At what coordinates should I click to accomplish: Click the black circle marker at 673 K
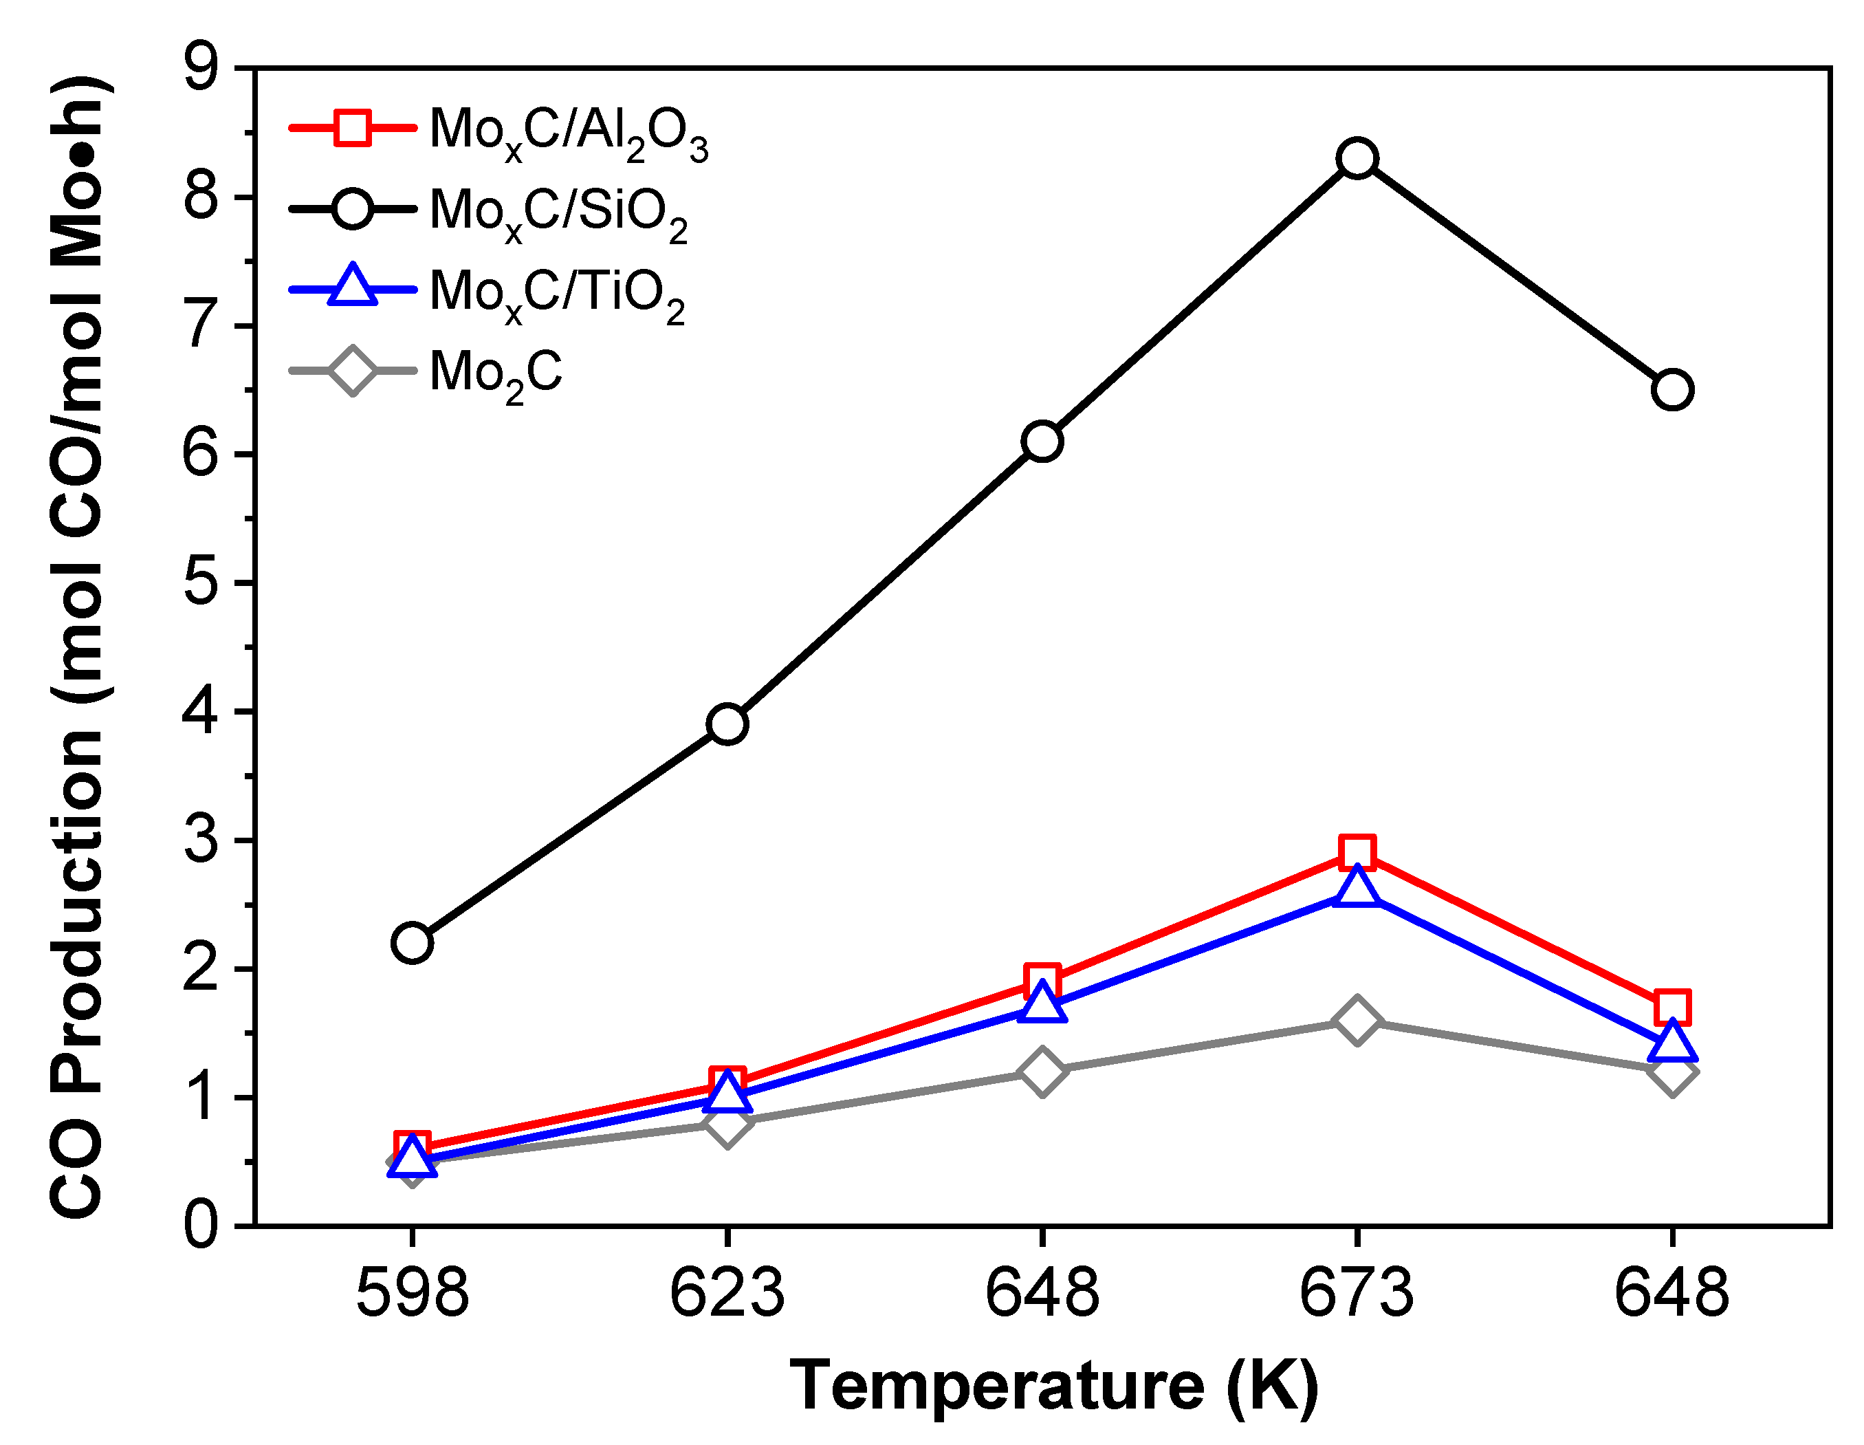click(1357, 159)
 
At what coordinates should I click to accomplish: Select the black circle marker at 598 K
click(413, 943)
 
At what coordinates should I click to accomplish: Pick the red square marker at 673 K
click(1357, 852)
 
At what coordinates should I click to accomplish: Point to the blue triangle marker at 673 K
click(1357, 889)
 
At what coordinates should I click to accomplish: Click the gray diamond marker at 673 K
click(1357, 1020)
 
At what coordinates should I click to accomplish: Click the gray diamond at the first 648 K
click(1042, 1071)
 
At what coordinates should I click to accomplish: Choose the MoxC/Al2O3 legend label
click(567, 132)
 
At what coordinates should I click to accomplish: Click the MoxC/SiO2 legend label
click(558, 213)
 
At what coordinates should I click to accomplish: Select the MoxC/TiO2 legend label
click(556, 294)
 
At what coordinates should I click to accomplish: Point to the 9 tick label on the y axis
click(201, 67)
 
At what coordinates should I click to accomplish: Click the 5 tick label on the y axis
click(201, 584)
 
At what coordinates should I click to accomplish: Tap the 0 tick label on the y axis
click(201, 1226)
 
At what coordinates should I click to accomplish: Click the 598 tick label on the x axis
click(413, 1293)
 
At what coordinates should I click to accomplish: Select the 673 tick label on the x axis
click(1357, 1293)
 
